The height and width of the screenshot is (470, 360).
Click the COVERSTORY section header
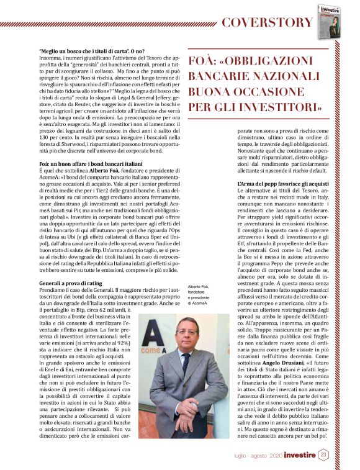click(x=267, y=23)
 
